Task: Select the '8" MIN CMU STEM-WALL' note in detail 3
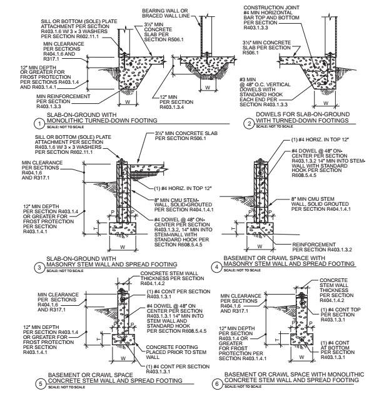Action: click(178, 204)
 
